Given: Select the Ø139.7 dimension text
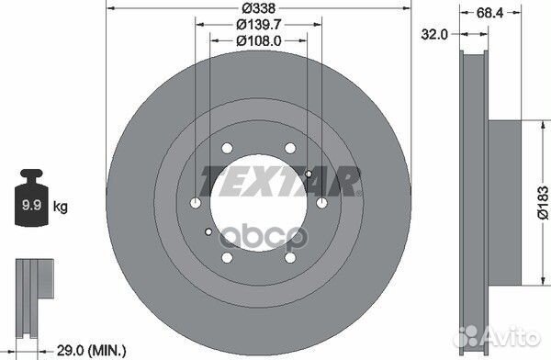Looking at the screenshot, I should (x=259, y=25).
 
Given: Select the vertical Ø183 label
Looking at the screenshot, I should (x=541, y=203).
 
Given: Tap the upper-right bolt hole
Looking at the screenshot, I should (x=290, y=148).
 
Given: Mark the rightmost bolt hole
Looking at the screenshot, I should (x=322, y=203).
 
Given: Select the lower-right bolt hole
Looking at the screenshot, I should (x=290, y=258).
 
